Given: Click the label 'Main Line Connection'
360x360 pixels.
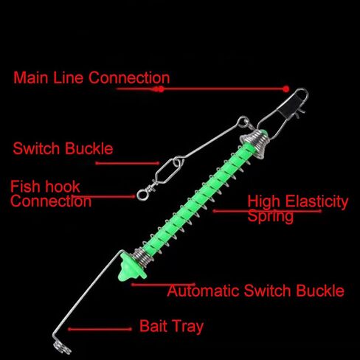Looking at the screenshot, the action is [91, 77].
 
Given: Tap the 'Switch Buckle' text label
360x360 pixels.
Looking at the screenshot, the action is [63, 148].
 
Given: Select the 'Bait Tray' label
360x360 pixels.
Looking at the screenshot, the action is [171, 326].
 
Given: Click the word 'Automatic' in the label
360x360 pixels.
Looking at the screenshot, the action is [203, 291].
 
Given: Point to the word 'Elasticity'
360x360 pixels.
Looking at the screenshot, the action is [316, 202].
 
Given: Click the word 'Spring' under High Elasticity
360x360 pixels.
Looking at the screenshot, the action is [271, 216].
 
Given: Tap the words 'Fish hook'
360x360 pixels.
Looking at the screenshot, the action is [45, 187].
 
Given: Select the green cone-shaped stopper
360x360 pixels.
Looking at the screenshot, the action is [131, 267].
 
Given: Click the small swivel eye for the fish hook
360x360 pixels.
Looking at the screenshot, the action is [142, 194].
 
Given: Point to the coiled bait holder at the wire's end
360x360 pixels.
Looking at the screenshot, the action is [61, 348].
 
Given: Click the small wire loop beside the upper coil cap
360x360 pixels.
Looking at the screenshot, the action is [243, 122].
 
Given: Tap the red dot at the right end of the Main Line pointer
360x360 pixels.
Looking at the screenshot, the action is [285, 89].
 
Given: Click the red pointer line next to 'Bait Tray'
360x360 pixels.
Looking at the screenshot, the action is [100, 329].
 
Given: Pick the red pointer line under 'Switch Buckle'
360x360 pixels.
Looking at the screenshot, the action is [128, 163].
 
